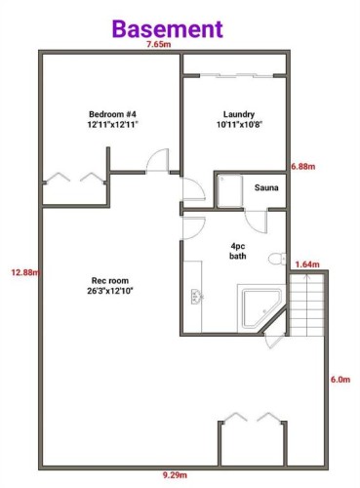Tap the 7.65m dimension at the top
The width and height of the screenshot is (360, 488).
(x=159, y=45)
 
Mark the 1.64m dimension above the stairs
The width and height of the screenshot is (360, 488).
(x=306, y=264)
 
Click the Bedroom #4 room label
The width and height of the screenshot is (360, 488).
(x=112, y=120)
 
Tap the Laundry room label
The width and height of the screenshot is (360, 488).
(x=238, y=120)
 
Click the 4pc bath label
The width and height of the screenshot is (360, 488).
(x=238, y=251)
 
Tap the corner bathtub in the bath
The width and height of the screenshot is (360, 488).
(x=260, y=305)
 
